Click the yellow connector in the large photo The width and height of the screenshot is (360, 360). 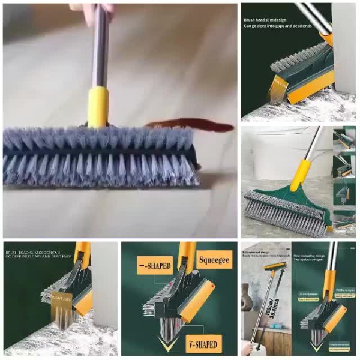click(x=98, y=106)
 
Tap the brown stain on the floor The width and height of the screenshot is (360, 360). click(x=192, y=126)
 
